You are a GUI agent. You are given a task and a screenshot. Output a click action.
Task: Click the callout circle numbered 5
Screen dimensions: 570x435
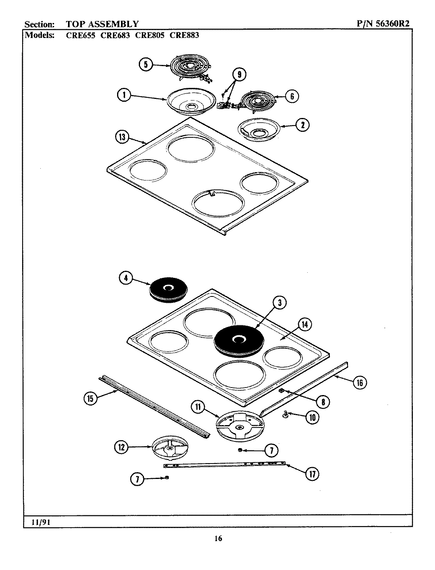click(x=146, y=65)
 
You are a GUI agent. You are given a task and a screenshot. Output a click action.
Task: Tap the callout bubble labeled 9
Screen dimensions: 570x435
click(x=239, y=74)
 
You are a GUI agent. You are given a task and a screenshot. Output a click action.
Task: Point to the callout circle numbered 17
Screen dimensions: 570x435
click(x=312, y=474)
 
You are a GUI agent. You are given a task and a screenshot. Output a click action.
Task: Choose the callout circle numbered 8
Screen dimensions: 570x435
click(x=323, y=402)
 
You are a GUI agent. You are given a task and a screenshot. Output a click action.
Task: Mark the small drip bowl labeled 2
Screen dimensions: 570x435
click(x=259, y=130)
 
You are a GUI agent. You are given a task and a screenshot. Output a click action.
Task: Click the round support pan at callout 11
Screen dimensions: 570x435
click(x=239, y=426)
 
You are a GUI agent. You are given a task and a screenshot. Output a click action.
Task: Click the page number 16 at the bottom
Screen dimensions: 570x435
click(x=218, y=538)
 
